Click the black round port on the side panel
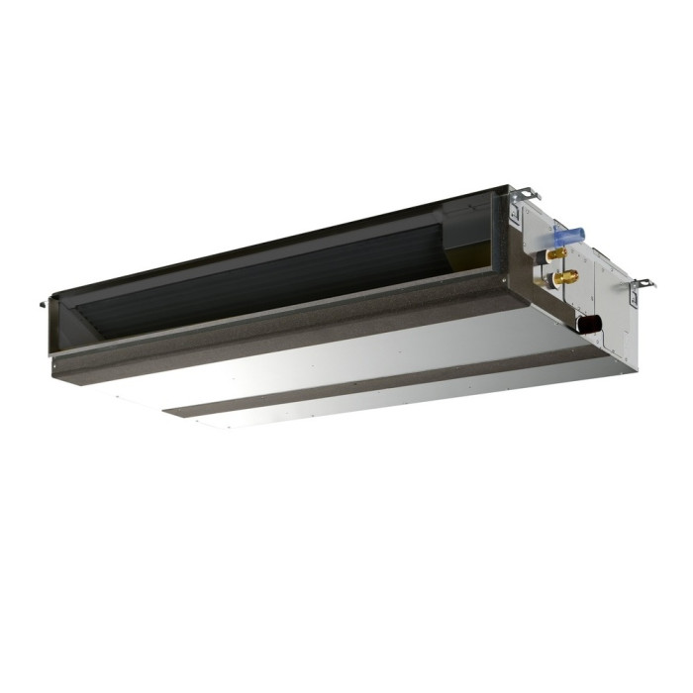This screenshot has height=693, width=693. [592, 323]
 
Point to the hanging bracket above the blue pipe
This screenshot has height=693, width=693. [524, 195]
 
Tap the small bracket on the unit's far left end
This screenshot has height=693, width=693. [44, 300]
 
